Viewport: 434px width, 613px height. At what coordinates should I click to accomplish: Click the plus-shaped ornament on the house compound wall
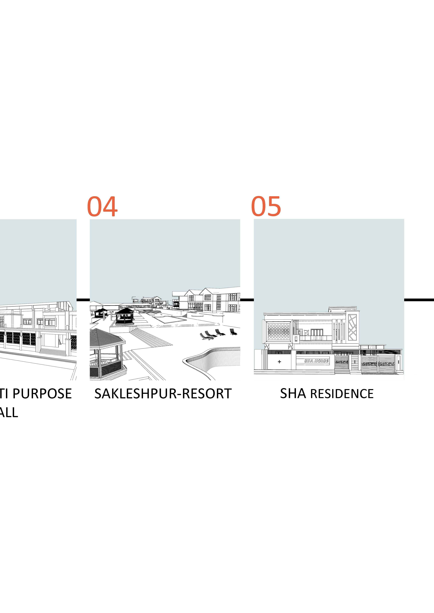pos(279,362)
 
